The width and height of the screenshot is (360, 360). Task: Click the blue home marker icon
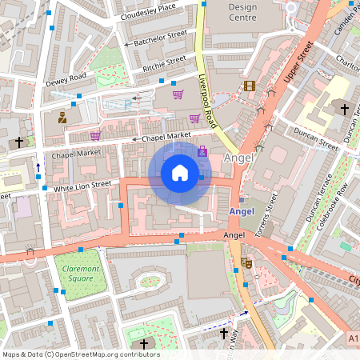[x=179, y=172]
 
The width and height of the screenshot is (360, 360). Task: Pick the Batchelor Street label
[x=160, y=38]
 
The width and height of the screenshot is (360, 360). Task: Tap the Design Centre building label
[x=242, y=11]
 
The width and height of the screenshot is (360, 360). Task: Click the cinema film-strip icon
[x=250, y=86]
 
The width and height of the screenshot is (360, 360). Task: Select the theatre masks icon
[x=247, y=262]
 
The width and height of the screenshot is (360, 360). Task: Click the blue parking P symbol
[x=126, y=104]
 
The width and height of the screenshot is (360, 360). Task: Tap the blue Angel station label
[x=241, y=211]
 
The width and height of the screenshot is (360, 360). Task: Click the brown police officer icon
[x=62, y=118]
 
